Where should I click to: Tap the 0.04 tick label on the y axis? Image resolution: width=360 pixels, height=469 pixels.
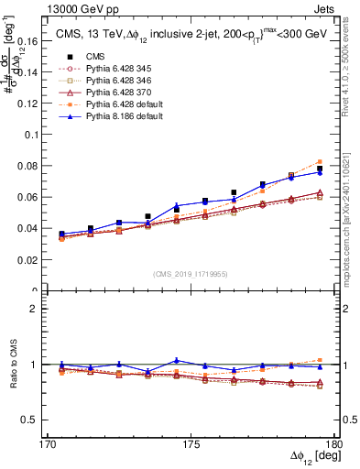click(38, 228)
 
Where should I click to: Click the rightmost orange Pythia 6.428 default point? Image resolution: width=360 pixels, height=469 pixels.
click(320, 161)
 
